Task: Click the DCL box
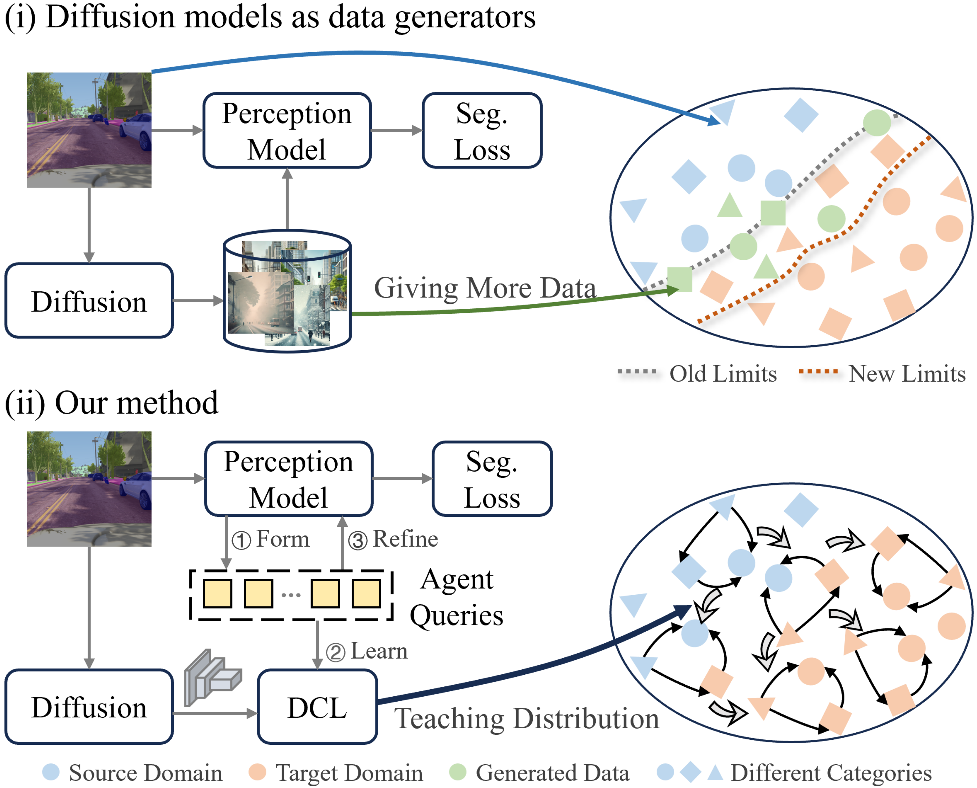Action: pyautogui.click(x=317, y=707)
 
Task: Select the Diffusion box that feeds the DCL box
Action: pyautogui.click(x=89, y=707)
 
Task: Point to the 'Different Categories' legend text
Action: pyautogui.click(x=831, y=773)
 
